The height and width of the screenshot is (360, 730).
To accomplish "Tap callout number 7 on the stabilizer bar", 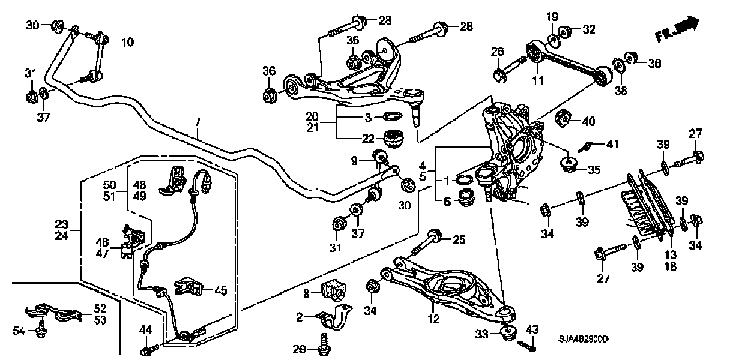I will pos(196,122).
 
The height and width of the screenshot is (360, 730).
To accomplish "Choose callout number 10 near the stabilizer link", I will pos(128,42).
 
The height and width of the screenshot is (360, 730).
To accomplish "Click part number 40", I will pos(589,121).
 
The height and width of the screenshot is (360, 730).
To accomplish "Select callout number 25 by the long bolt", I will pos(459,240).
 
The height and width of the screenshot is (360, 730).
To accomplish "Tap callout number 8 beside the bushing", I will pos(306,293).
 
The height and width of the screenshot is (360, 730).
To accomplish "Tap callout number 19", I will pos(552,16).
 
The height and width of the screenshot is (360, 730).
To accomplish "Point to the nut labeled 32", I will pos(564,30).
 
